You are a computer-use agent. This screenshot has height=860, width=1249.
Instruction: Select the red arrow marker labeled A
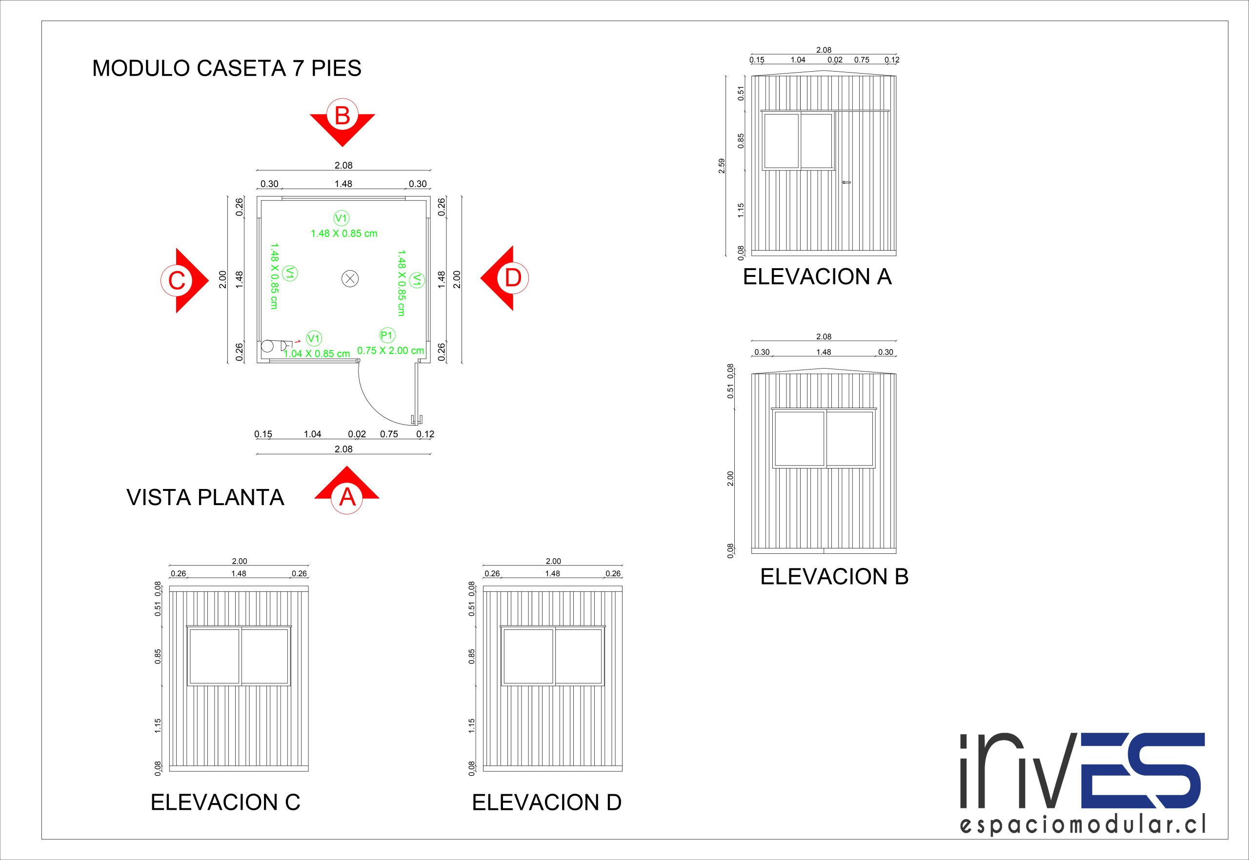click(x=347, y=492)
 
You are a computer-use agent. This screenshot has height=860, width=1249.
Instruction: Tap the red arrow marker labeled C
click(x=182, y=280)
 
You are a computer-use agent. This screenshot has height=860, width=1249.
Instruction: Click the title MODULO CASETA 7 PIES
click(x=226, y=68)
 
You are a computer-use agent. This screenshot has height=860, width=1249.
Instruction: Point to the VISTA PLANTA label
click(x=205, y=497)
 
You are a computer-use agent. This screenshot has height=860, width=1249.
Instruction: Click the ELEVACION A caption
click(x=817, y=277)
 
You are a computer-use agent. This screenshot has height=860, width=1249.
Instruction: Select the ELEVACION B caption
click(x=834, y=577)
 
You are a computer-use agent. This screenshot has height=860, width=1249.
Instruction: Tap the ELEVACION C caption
click(x=225, y=802)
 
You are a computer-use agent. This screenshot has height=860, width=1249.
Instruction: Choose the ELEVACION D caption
click(x=546, y=803)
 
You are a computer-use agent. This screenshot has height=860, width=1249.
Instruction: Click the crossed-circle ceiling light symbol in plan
click(x=350, y=278)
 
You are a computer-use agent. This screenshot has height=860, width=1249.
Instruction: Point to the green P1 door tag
click(x=387, y=335)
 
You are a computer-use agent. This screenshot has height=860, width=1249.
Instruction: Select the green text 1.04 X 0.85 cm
click(x=317, y=354)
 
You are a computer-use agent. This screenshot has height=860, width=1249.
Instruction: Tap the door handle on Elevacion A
click(x=846, y=183)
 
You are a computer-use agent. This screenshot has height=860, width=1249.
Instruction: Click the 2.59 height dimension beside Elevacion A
click(x=722, y=165)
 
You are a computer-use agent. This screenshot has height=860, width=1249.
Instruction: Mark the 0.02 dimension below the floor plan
click(x=357, y=434)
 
